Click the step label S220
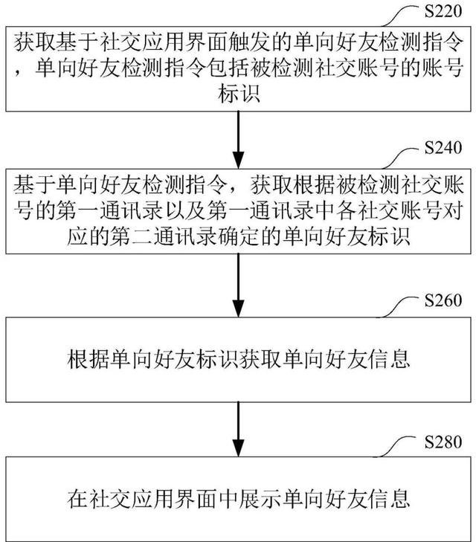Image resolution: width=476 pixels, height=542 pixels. coord(443,10)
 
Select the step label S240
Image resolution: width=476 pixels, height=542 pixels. coord(443,148)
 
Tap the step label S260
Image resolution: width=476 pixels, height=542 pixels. coord(443,300)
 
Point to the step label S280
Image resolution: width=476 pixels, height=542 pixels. coord(443,442)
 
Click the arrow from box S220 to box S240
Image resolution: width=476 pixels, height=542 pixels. coord(238,140)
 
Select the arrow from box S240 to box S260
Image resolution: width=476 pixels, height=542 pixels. coord(238,285)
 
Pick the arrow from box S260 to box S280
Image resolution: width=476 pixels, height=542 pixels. coord(238,429)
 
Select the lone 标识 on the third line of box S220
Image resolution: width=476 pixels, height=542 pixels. coord(239,94)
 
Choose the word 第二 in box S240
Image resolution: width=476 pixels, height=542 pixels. coord(132,236)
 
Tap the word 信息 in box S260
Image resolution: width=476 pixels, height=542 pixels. coord(388,359)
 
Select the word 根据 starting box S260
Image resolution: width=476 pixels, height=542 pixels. coord(88,359)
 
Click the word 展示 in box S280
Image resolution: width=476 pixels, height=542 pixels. coord(260,498)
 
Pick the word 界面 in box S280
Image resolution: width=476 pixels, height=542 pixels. coord(196,498)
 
